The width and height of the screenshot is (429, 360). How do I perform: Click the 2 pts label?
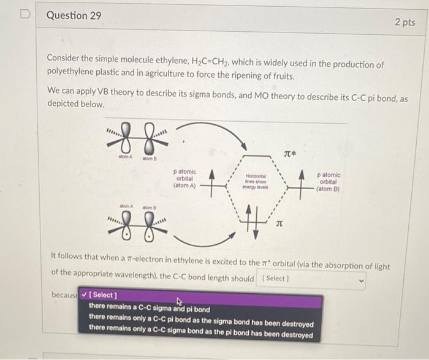coord(404,22)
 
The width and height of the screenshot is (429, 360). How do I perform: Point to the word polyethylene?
coord(71,77)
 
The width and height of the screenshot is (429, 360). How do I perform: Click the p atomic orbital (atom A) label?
coord(185,178)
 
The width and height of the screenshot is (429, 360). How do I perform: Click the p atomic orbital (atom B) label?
coord(328,181)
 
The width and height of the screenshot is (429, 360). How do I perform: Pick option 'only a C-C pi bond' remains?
coord(200,323)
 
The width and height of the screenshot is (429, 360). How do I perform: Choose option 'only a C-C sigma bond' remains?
coord(200,336)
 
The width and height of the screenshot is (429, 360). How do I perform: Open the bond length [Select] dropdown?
coord(312,279)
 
